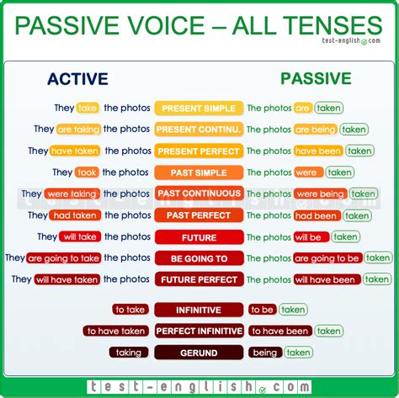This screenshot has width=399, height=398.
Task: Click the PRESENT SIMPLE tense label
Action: click(199, 109)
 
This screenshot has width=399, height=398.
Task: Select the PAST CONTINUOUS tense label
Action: click(199, 194)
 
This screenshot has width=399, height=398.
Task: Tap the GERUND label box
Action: click(199, 353)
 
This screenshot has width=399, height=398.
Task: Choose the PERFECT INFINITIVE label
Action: click(199, 331)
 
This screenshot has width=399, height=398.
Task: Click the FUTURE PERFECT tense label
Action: click(199, 279)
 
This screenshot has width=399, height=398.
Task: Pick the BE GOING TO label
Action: click(199, 258)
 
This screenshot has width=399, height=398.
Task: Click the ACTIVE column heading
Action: click(77, 79)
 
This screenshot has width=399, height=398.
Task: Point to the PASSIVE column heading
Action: click(316, 78)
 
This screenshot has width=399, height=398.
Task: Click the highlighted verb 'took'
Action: click(87, 172)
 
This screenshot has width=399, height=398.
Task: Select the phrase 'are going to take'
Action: click(63, 258)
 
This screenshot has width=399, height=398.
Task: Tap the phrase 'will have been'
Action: click(327, 279)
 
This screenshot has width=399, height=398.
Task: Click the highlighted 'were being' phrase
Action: click(320, 194)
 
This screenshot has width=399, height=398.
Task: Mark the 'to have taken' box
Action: click(115, 331)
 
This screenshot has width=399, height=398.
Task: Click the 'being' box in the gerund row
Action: click(265, 353)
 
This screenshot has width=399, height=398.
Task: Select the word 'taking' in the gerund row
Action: click(129, 353)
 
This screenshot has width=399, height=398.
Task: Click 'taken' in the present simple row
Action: click(328, 108)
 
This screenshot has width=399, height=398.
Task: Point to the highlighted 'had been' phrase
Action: click(317, 215)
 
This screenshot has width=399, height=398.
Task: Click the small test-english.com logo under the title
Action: click(351, 41)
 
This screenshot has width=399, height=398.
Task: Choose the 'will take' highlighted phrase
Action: click(80, 236)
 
